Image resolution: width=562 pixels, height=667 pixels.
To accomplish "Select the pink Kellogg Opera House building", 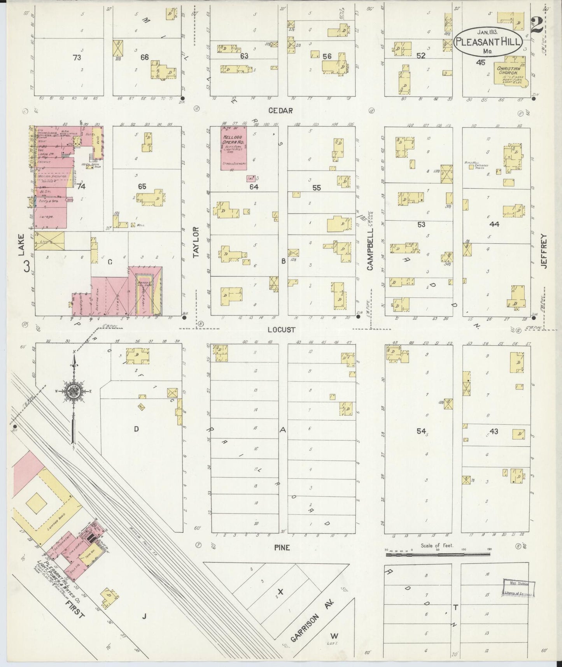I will (234, 148).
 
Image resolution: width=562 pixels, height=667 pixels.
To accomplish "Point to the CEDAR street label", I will (280, 111).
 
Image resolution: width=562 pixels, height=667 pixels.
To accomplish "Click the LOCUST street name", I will (281, 330).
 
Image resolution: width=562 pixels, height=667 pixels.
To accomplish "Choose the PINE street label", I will (282, 548).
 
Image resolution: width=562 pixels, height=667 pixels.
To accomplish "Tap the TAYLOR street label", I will (196, 242).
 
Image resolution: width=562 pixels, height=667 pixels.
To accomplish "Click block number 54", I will (421, 431).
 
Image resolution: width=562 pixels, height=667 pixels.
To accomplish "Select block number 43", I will (494, 431).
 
